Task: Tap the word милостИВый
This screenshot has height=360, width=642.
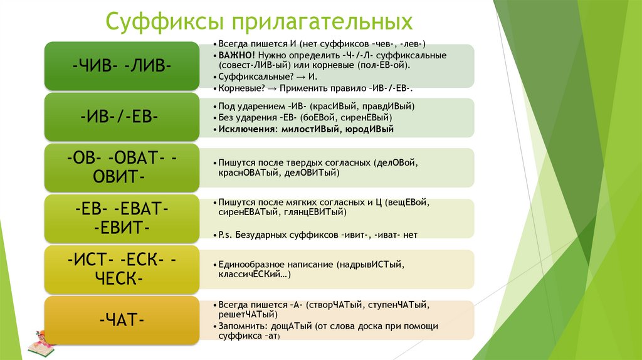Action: click(308, 129)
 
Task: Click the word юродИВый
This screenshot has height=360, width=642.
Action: click(369, 129)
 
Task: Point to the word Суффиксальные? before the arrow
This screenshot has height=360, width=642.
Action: click(248, 75)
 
